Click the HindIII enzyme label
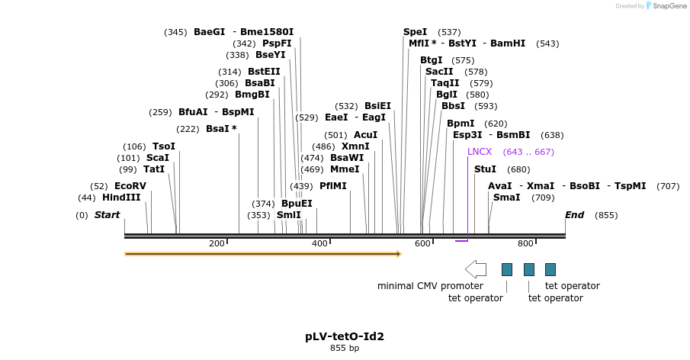(121, 198)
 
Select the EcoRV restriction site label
(130, 186)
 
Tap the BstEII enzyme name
(264, 72)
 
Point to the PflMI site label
(333, 186)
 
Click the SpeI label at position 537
(416, 32)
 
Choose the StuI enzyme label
(485, 169)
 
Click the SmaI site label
(507, 198)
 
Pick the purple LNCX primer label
(480, 152)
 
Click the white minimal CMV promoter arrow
(476, 269)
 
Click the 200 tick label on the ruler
(217, 243)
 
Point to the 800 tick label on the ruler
(525, 243)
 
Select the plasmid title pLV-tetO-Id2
(345, 336)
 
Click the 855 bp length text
(345, 349)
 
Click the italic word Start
(107, 215)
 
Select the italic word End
(574, 215)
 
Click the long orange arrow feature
(262, 254)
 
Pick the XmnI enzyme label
(355, 146)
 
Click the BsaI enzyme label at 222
(221, 129)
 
